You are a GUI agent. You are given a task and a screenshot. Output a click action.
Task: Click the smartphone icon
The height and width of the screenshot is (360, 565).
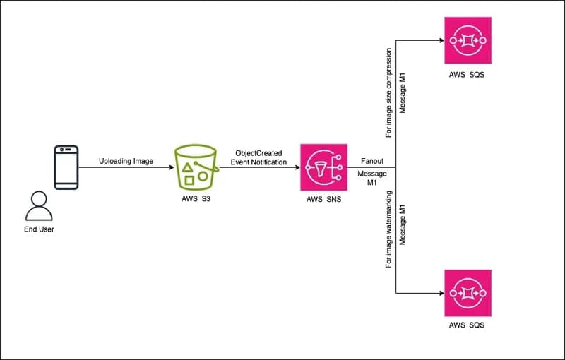click(x=67, y=167)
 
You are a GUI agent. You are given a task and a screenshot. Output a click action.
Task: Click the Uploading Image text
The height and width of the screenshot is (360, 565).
click(x=126, y=162)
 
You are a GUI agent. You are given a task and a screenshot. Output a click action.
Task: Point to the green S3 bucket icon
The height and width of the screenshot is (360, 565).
click(x=195, y=167)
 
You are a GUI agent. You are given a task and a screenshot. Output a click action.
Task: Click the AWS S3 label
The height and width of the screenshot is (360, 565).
click(x=195, y=200)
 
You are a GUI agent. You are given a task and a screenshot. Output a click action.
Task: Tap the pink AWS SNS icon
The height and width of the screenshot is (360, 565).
click(x=324, y=167)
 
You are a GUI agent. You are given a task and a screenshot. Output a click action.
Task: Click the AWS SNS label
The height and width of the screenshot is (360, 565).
click(x=324, y=200)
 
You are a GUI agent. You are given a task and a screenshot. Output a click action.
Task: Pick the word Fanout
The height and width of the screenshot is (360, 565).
click(x=371, y=161)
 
